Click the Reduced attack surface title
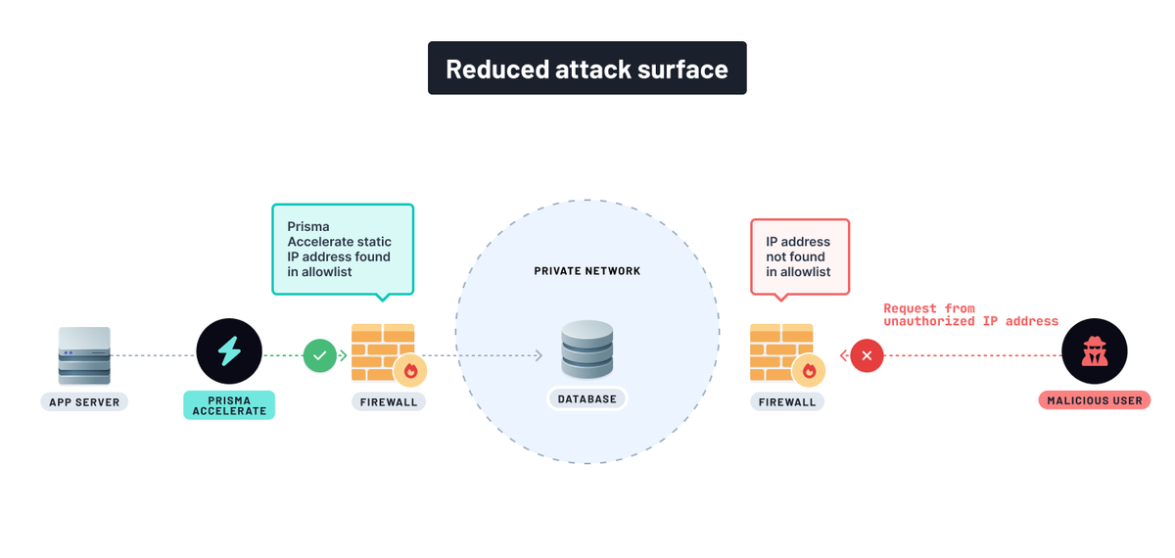[x=587, y=69]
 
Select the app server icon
[x=84, y=355]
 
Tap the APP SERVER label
[x=84, y=401]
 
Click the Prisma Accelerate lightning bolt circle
[x=229, y=351]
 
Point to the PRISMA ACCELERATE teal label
[x=229, y=405]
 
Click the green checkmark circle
[x=319, y=355]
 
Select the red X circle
[x=867, y=355]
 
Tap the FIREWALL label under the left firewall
[x=388, y=401]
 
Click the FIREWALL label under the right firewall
[x=787, y=401]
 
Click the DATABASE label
[x=587, y=399]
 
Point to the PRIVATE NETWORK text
[x=587, y=271]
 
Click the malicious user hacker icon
[x=1094, y=351]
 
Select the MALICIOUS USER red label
[x=1094, y=400]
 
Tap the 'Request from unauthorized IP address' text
[x=969, y=314]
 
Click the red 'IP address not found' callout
[x=799, y=256]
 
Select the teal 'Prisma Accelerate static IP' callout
[x=342, y=249]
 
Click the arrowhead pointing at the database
[x=539, y=355]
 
